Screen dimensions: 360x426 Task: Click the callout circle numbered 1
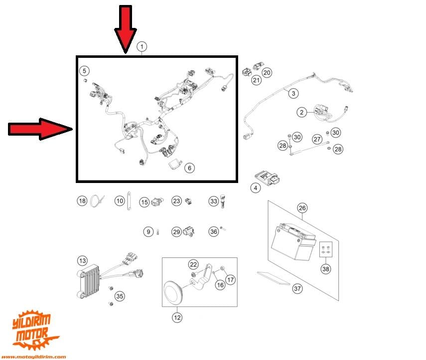(142, 47)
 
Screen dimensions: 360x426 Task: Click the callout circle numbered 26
(302, 207)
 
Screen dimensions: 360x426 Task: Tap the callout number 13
(82, 260)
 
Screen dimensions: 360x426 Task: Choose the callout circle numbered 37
(297, 288)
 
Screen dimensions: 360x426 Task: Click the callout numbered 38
(325, 269)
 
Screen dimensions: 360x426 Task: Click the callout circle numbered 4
(256, 188)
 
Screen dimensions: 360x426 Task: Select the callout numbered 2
(302, 113)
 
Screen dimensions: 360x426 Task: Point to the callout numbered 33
(213, 201)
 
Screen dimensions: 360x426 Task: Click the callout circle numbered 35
(120, 296)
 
